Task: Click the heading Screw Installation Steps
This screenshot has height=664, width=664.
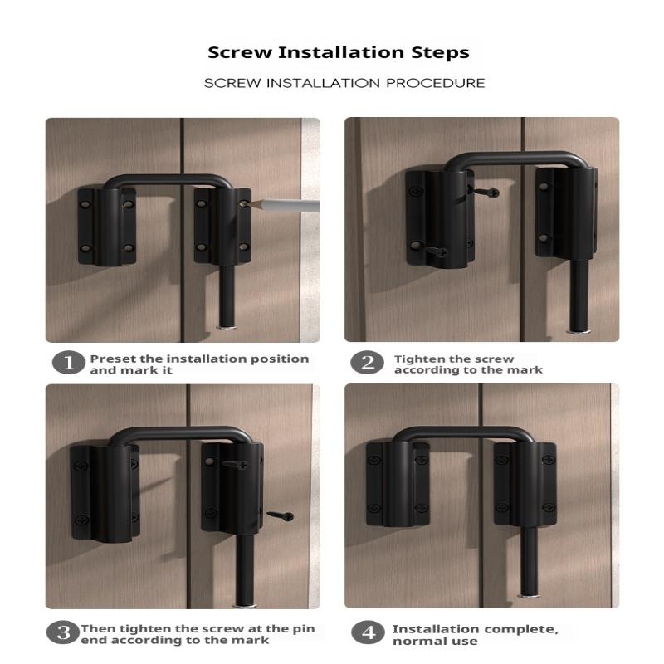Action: click(338, 52)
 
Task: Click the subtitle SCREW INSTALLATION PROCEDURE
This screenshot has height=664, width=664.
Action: click(344, 83)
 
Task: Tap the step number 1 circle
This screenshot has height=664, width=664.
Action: click(69, 364)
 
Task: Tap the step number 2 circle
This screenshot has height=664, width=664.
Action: click(367, 364)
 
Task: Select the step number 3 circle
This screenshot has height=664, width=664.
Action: click(63, 633)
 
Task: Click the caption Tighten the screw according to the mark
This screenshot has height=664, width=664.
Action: click(467, 364)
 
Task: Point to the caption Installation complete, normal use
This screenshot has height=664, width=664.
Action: click(475, 635)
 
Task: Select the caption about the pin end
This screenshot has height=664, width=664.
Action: click(198, 634)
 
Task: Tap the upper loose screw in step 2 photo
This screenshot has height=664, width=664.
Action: click(486, 192)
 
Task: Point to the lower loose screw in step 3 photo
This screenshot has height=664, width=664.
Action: click(281, 515)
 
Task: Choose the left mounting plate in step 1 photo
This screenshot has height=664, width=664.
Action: click(106, 226)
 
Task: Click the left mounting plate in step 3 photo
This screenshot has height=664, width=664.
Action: click(103, 491)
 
